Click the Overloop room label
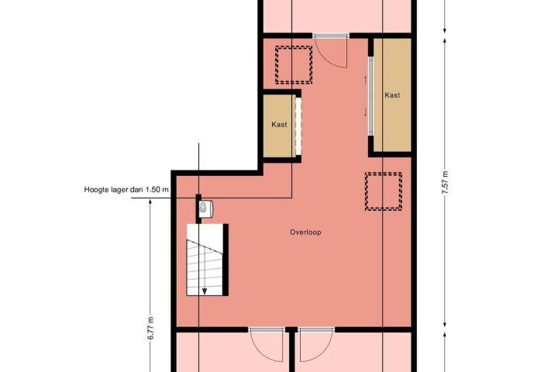pyautogui.click(x=305, y=232)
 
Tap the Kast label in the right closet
pyautogui.click(x=392, y=95)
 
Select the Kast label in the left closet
pyautogui.click(x=279, y=124)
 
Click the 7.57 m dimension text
pyautogui.click(x=445, y=183)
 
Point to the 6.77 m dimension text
pyautogui.click(x=150, y=328)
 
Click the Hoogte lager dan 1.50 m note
pyautogui.click(x=126, y=189)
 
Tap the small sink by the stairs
pyautogui.click(x=205, y=208)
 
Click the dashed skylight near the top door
pyautogui.click(x=294, y=65)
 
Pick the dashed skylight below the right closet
pyautogui.click(x=384, y=191)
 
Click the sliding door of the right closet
pyautogui.click(x=370, y=96)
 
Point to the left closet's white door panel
pyautogui.click(x=298, y=126)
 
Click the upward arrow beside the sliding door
pyautogui.click(x=366, y=80)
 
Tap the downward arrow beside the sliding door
pyautogui.click(x=366, y=112)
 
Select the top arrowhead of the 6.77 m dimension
pyautogui.click(x=150, y=202)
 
